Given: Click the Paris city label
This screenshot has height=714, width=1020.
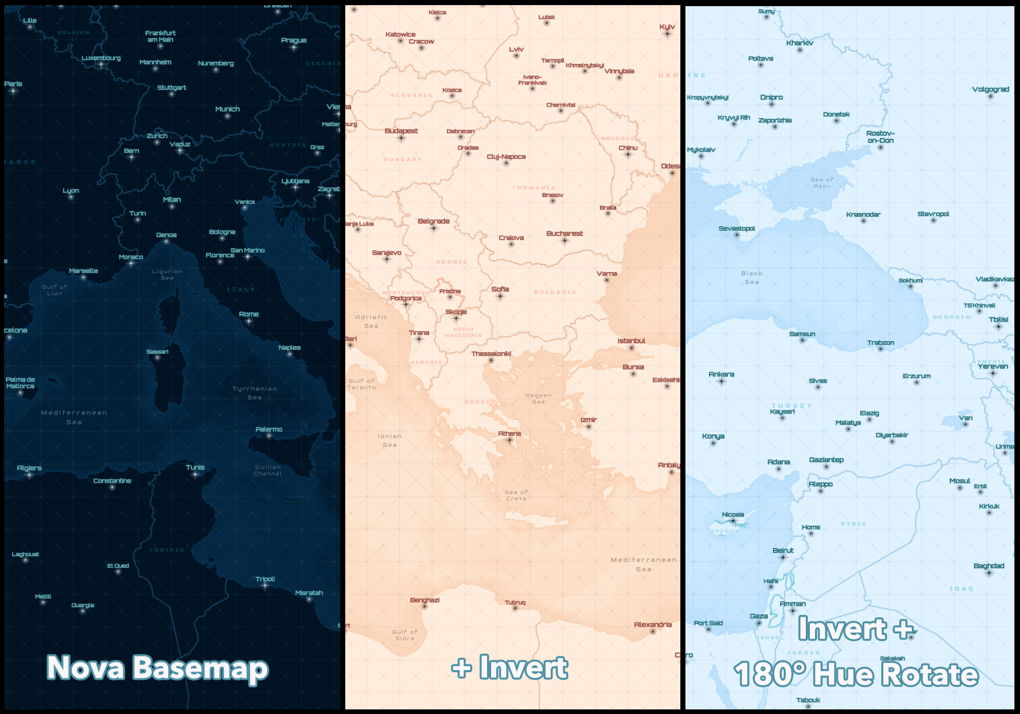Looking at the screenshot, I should pos(13,84).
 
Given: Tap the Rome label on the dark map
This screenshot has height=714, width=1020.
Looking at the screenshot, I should pos(249,314).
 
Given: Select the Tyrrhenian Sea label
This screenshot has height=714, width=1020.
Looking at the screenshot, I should pos(254,393).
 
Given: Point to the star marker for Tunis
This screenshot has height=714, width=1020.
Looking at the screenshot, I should pos(195,475).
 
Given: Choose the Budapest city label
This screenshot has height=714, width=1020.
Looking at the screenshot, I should pos(401,131).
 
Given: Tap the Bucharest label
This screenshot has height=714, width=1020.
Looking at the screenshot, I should pos(564,234).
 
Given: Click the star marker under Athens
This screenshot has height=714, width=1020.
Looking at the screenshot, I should pos(509,440).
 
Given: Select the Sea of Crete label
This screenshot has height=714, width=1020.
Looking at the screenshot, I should pos(516,495).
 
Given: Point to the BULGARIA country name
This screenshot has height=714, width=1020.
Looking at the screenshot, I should pos(555,292).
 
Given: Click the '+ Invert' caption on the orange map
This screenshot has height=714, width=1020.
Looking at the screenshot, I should pos(509,668).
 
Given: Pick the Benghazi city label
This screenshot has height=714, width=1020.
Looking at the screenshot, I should pos(424,600).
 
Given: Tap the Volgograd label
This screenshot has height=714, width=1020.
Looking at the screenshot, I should pos(990,89).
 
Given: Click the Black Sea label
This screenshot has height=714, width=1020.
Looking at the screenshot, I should pos(751,277).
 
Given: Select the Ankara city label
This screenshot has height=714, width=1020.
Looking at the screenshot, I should pos(721,374).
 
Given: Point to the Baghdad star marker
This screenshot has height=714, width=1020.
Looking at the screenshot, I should pos(989,573).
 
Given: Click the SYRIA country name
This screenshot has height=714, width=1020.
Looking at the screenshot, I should pos(853,524).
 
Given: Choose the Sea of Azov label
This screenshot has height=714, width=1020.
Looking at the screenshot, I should pos(822,183).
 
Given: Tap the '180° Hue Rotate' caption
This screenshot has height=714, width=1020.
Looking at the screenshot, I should pos(856,674).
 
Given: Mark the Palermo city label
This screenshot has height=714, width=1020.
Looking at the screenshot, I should pos(269,429).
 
